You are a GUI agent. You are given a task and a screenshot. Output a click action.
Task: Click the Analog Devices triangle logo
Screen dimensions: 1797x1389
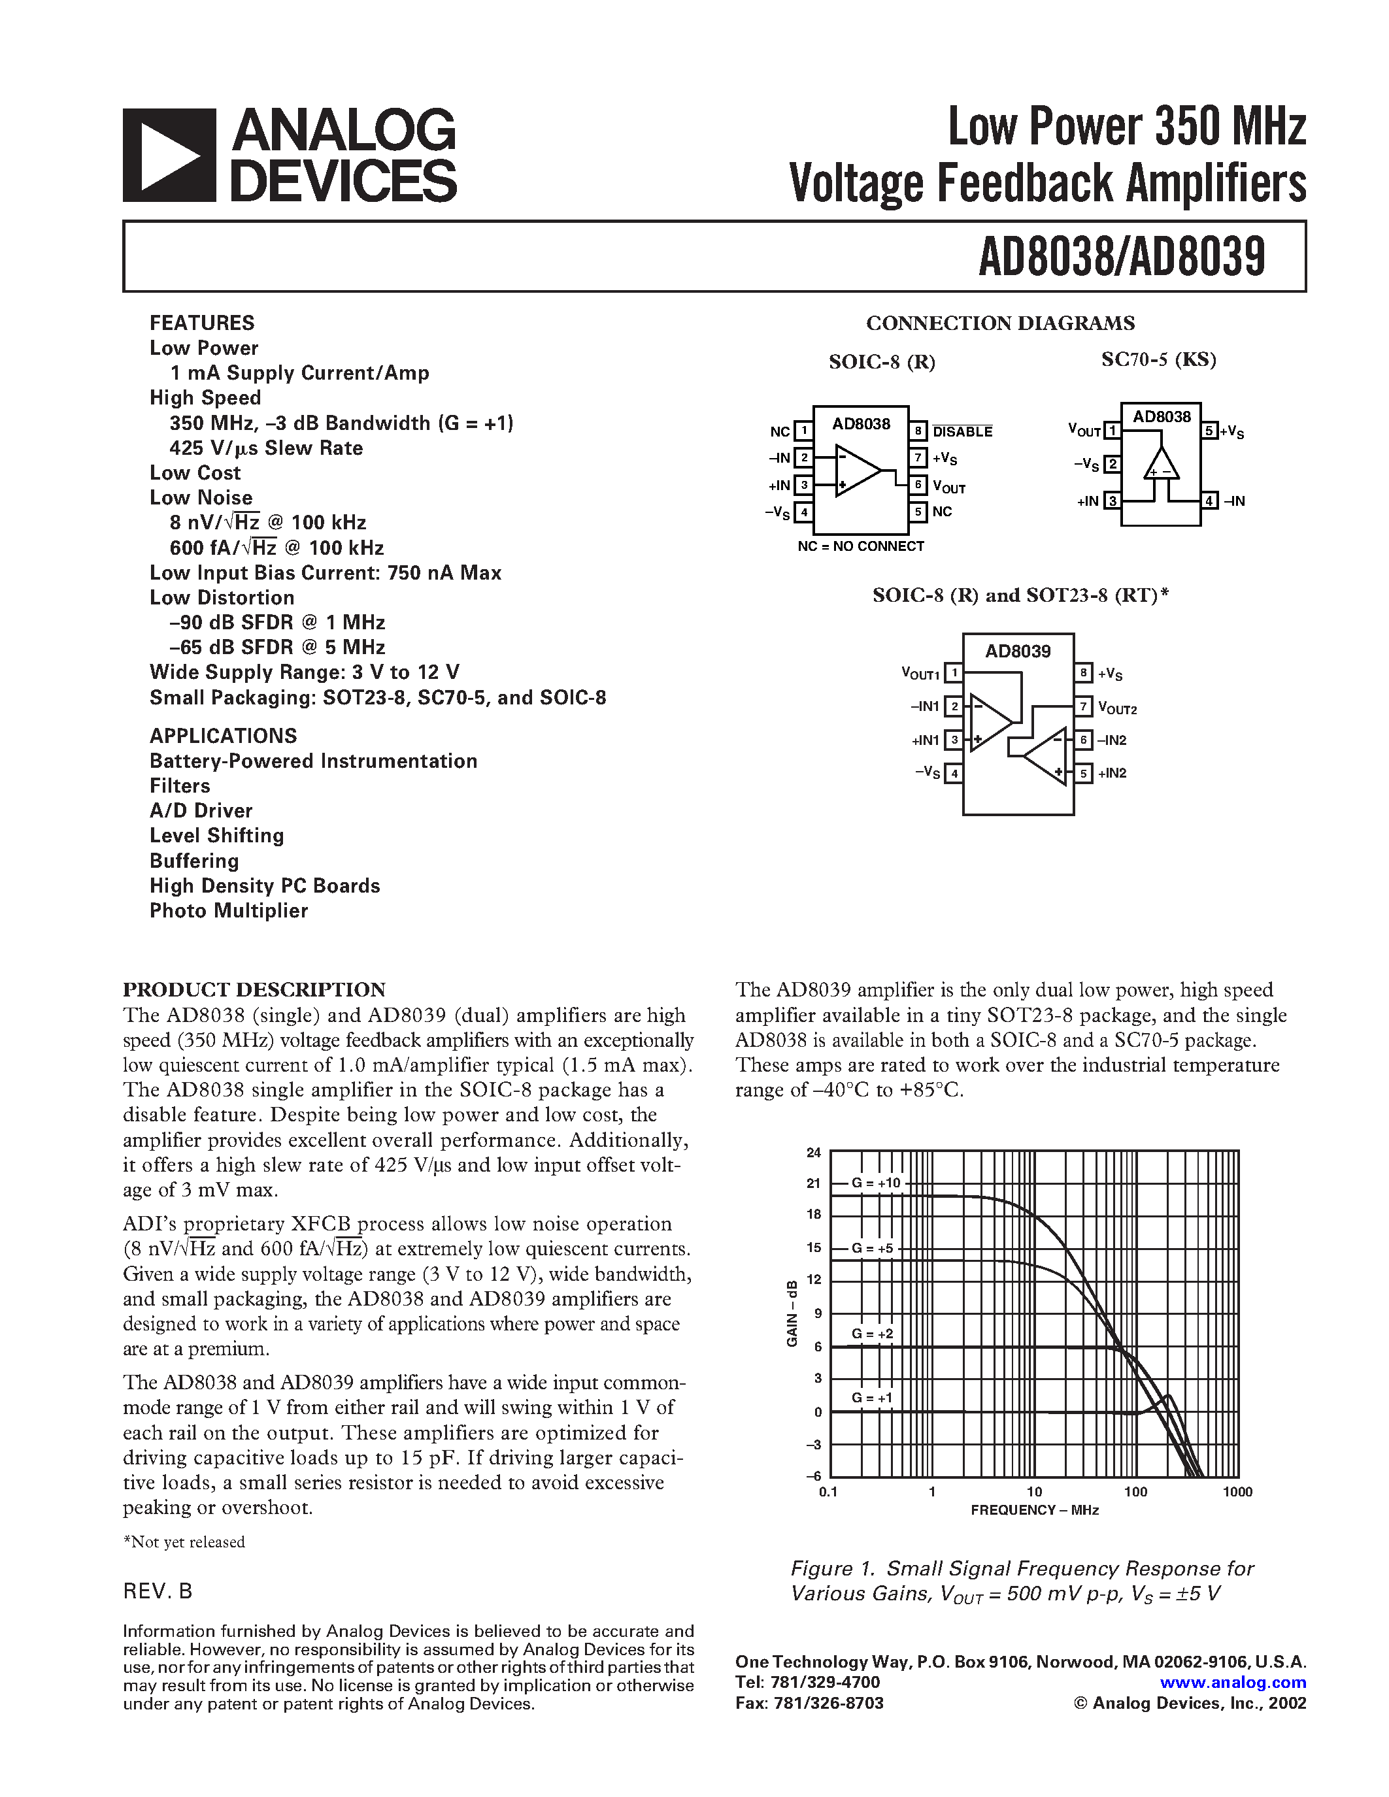(x=169, y=156)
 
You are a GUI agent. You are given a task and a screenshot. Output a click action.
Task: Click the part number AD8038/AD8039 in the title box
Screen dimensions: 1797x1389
(x=1121, y=257)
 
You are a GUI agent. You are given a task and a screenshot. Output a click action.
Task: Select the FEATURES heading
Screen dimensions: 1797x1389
(x=201, y=323)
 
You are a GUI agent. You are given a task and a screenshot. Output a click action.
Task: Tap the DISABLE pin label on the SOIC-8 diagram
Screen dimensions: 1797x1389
(x=962, y=432)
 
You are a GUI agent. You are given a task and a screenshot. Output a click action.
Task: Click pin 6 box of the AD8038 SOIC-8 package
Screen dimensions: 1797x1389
(x=918, y=485)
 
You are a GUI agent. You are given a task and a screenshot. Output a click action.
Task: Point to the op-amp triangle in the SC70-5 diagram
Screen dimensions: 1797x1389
(x=1161, y=466)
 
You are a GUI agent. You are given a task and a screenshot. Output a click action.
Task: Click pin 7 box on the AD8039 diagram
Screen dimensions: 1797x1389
(x=1084, y=706)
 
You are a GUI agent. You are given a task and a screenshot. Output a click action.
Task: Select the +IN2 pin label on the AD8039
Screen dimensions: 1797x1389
(x=1112, y=774)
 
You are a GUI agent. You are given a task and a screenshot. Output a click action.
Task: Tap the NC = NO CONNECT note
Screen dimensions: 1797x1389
(x=861, y=546)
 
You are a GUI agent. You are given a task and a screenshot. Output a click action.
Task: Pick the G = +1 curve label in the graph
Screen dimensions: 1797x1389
(x=871, y=1398)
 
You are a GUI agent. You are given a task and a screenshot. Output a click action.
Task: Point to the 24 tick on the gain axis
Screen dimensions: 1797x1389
(x=814, y=1153)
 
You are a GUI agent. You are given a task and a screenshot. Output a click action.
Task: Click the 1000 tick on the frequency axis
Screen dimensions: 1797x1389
(x=1237, y=1492)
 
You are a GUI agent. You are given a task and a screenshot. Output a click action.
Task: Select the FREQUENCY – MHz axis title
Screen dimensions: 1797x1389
(x=1034, y=1510)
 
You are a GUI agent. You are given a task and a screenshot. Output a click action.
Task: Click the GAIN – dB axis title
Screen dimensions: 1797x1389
(x=792, y=1313)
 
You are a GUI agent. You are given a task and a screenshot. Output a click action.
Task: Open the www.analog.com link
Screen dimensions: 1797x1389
(x=1233, y=1683)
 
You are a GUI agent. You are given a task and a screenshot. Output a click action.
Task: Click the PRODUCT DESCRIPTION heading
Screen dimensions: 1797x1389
(x=254, y=989)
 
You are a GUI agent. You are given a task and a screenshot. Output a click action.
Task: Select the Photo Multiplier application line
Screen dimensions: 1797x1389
(x=229, y=911)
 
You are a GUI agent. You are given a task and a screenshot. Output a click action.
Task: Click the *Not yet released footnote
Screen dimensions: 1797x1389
(x=184, y=1542)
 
